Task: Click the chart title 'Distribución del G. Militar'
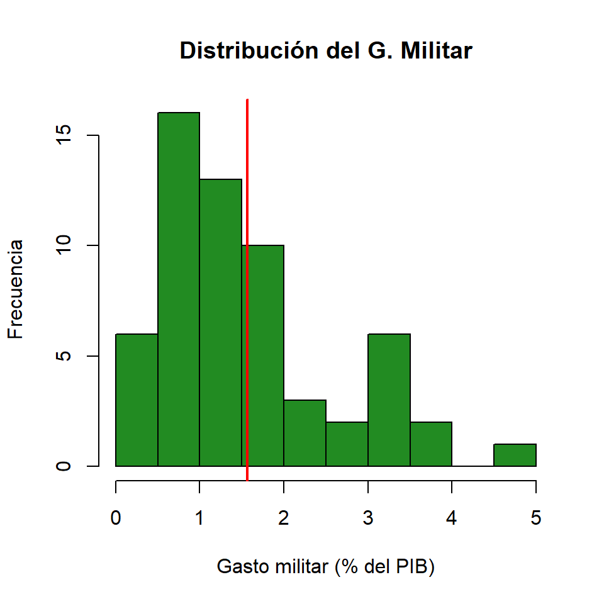325,51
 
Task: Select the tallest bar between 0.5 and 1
179,289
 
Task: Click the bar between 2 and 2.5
305,433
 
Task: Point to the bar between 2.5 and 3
347,444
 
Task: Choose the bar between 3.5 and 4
431,444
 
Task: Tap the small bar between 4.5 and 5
515,455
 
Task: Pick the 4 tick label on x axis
452,518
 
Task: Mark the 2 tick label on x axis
284,518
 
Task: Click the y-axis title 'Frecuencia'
16,289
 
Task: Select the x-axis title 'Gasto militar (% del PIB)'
326,567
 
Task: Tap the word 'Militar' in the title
434,51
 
